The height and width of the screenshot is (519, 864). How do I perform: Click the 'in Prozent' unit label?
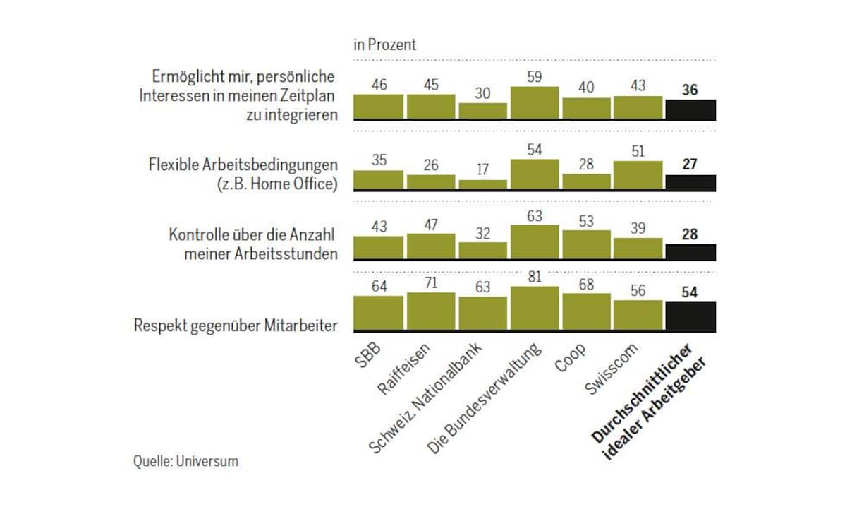pos(384,44)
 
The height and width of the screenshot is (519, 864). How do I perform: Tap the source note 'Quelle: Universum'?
pos(185,461)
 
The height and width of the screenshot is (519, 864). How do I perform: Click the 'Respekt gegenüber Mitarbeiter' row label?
pos(234,326)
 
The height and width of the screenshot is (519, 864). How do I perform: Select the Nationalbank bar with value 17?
pos(482,185)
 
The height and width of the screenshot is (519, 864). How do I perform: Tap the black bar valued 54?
pos(690,316)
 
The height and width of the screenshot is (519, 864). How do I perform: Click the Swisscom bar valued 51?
pos(638,176)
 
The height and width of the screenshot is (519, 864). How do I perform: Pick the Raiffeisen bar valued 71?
pos(430,311)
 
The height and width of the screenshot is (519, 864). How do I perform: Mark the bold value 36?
pos(690,90)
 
